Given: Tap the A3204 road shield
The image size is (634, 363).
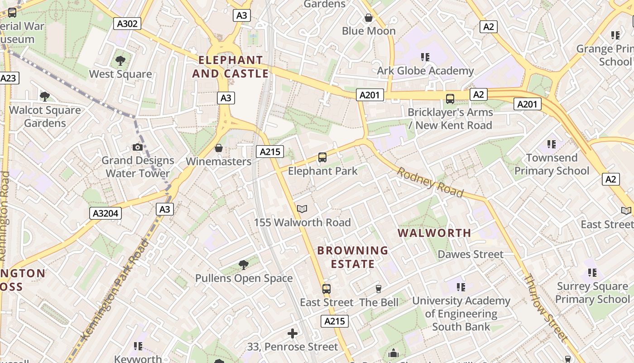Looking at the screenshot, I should tap(106, 213).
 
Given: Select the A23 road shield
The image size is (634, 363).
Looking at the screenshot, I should tap(8, 78).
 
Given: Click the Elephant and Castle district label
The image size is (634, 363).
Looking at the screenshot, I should tap(231, 67).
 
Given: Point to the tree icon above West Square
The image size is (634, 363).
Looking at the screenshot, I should tap(120, 60).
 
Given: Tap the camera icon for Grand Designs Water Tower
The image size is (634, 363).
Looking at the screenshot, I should tap(138, 147).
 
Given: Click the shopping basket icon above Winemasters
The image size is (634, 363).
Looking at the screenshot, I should tap(219, 148).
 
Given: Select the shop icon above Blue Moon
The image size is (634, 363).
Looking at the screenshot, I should tap(369, 18).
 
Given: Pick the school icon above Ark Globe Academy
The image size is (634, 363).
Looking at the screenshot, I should tap(425, 57).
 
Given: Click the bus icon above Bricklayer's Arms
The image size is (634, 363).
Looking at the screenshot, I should tap(450, 98).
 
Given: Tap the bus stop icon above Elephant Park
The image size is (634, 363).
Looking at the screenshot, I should tap(322, 157).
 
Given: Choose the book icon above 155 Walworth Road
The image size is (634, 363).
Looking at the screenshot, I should tap(302, 209).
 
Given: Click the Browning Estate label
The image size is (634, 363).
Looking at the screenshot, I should tap(353, 257).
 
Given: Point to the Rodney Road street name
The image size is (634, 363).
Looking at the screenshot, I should tap(431, 183).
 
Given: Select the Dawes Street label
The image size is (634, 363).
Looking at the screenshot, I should tap(471, 254).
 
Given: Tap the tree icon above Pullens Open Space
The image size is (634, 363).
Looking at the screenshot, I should tap(244, 265).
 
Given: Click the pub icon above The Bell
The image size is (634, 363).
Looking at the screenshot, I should tap(379, 289).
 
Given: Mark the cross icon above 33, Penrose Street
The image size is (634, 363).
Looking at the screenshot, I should tap(293, 334).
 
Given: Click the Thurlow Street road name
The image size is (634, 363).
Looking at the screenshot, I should tap(546, 307).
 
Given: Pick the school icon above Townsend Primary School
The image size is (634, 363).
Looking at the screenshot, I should tap(551, 144).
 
